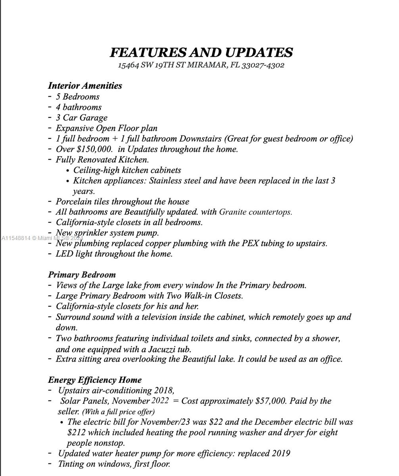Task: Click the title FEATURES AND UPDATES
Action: [201, 52]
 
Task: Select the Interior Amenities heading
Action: [85, 86]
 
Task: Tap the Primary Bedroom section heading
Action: [82, 274]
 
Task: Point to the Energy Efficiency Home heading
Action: [95, 380]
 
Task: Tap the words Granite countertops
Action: [255, 212]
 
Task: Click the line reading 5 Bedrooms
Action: [77, 96]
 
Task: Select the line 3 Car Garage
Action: [81, 117]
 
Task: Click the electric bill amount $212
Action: [75, 432]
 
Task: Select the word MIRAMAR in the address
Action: [207, 65]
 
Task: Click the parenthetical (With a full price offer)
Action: [118, 412]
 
